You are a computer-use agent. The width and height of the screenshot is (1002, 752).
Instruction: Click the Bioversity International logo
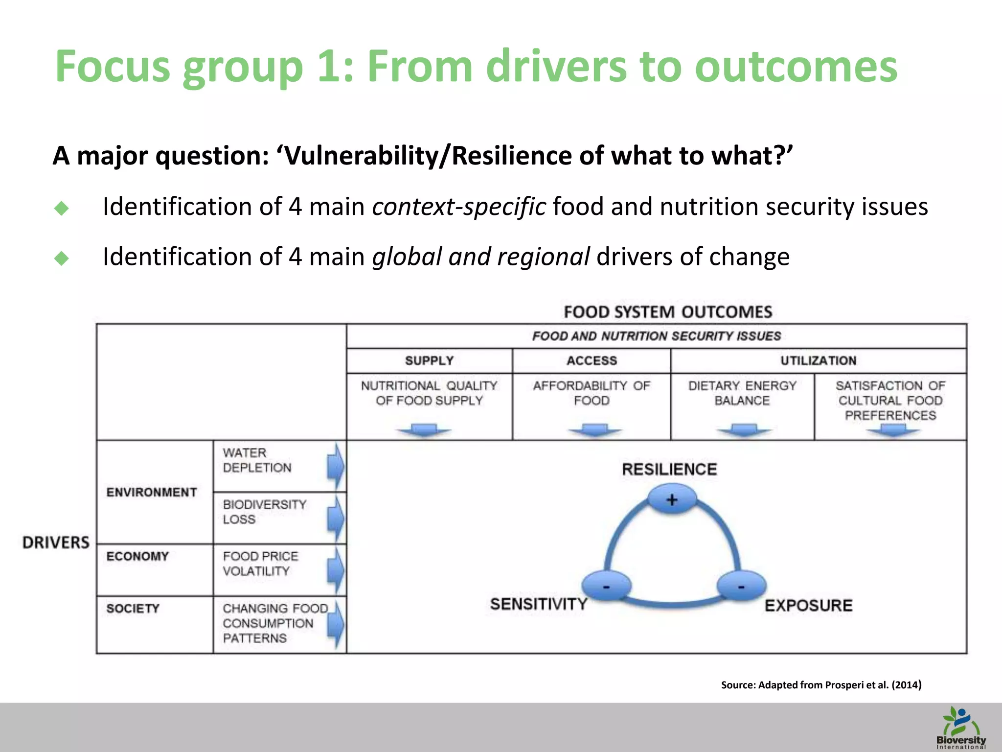point(960,728)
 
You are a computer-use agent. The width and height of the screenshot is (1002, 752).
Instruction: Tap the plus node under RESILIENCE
point(672,499)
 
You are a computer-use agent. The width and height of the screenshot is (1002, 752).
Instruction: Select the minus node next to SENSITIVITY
point(606,586)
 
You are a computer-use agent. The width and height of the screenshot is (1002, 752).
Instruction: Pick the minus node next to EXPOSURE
point(741,586)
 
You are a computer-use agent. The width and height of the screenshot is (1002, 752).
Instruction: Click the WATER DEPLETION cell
point(257,460)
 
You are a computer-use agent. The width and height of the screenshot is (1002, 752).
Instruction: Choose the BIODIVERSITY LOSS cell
point(264,512)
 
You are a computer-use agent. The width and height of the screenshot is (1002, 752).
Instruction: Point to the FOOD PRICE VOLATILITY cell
point(260,564)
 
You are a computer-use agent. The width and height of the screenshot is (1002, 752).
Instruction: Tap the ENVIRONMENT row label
point(152,492)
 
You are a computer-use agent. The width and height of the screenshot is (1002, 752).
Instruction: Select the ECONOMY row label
point(137,556)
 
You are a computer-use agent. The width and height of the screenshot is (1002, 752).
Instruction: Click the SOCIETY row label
point(133,609)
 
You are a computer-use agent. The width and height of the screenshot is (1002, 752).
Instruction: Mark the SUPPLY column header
point(429,361)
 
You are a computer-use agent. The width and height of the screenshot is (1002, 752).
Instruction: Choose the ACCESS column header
point(592,361)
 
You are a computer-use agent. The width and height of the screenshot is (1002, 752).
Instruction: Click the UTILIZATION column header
point(818,361)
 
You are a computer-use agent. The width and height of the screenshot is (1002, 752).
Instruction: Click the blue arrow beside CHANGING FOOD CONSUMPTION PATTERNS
point(336,624)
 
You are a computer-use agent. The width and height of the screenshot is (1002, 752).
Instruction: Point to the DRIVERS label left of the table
point(56,542)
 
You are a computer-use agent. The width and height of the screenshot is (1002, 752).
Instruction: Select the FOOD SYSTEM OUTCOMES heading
point(668,312)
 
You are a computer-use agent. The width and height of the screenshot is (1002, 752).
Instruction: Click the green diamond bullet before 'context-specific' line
point(62,208)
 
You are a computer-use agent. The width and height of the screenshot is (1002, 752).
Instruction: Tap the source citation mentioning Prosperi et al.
point(821,684)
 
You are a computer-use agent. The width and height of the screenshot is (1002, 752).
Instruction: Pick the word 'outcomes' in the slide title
point(796,67)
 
